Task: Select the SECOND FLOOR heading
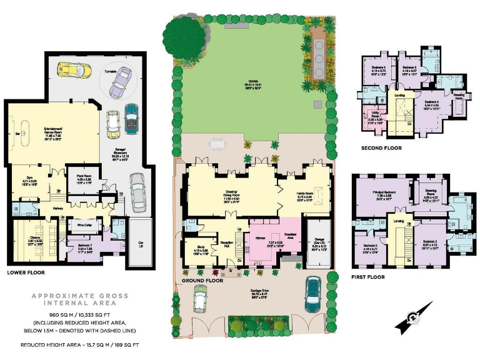click(382, 148)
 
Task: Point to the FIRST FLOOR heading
click(368, 277)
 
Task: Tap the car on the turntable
click(121, 82)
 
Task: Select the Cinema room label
click(26, 237)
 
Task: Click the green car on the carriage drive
click(201, 299)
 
